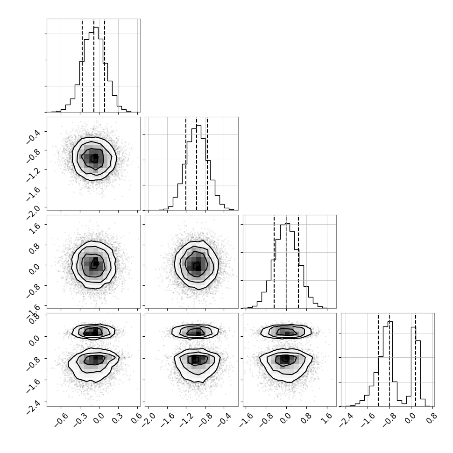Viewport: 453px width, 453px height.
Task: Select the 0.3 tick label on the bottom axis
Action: pos(117,418)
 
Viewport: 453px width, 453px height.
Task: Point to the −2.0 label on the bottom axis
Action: pos(149,420)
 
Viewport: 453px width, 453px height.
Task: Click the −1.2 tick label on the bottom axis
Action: pos(187,420)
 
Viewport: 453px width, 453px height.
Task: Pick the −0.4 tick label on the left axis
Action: pos(33,136)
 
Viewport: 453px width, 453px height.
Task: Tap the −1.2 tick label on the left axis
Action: pos(33,174)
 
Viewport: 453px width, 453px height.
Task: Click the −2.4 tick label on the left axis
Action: pos(33,407)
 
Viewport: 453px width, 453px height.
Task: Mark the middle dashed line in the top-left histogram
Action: pos(94,66)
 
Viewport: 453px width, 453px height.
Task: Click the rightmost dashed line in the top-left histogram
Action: pos(105,66)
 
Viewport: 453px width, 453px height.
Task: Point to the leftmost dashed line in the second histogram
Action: pos(186,164)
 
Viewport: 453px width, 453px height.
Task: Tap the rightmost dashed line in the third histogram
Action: pos(298,262)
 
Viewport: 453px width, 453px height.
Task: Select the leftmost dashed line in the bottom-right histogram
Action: pos(378,360)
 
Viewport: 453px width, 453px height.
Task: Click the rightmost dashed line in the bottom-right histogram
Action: pos(416,360)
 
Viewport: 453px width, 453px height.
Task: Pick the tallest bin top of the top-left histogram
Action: pos(96,27)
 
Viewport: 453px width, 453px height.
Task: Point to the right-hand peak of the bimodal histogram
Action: pos(413,327)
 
